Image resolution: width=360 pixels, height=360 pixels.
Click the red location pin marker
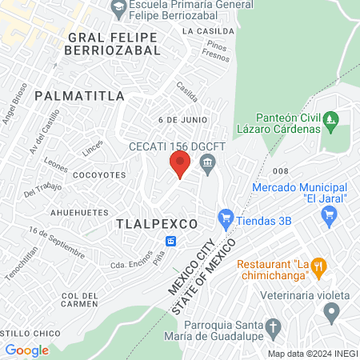179,166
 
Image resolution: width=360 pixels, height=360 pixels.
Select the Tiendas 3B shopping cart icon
226,217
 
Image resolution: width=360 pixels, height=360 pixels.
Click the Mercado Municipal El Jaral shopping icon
328,214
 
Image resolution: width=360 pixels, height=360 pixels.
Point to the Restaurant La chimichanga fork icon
318,267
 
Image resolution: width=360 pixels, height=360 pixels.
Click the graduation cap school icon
118,7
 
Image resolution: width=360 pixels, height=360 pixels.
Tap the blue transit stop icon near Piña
171,242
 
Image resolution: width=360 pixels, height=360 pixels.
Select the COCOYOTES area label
99,174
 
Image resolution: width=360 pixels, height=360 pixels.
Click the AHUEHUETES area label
79,213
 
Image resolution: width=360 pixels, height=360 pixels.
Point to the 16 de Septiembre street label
56,241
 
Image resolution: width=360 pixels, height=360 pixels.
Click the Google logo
26,350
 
